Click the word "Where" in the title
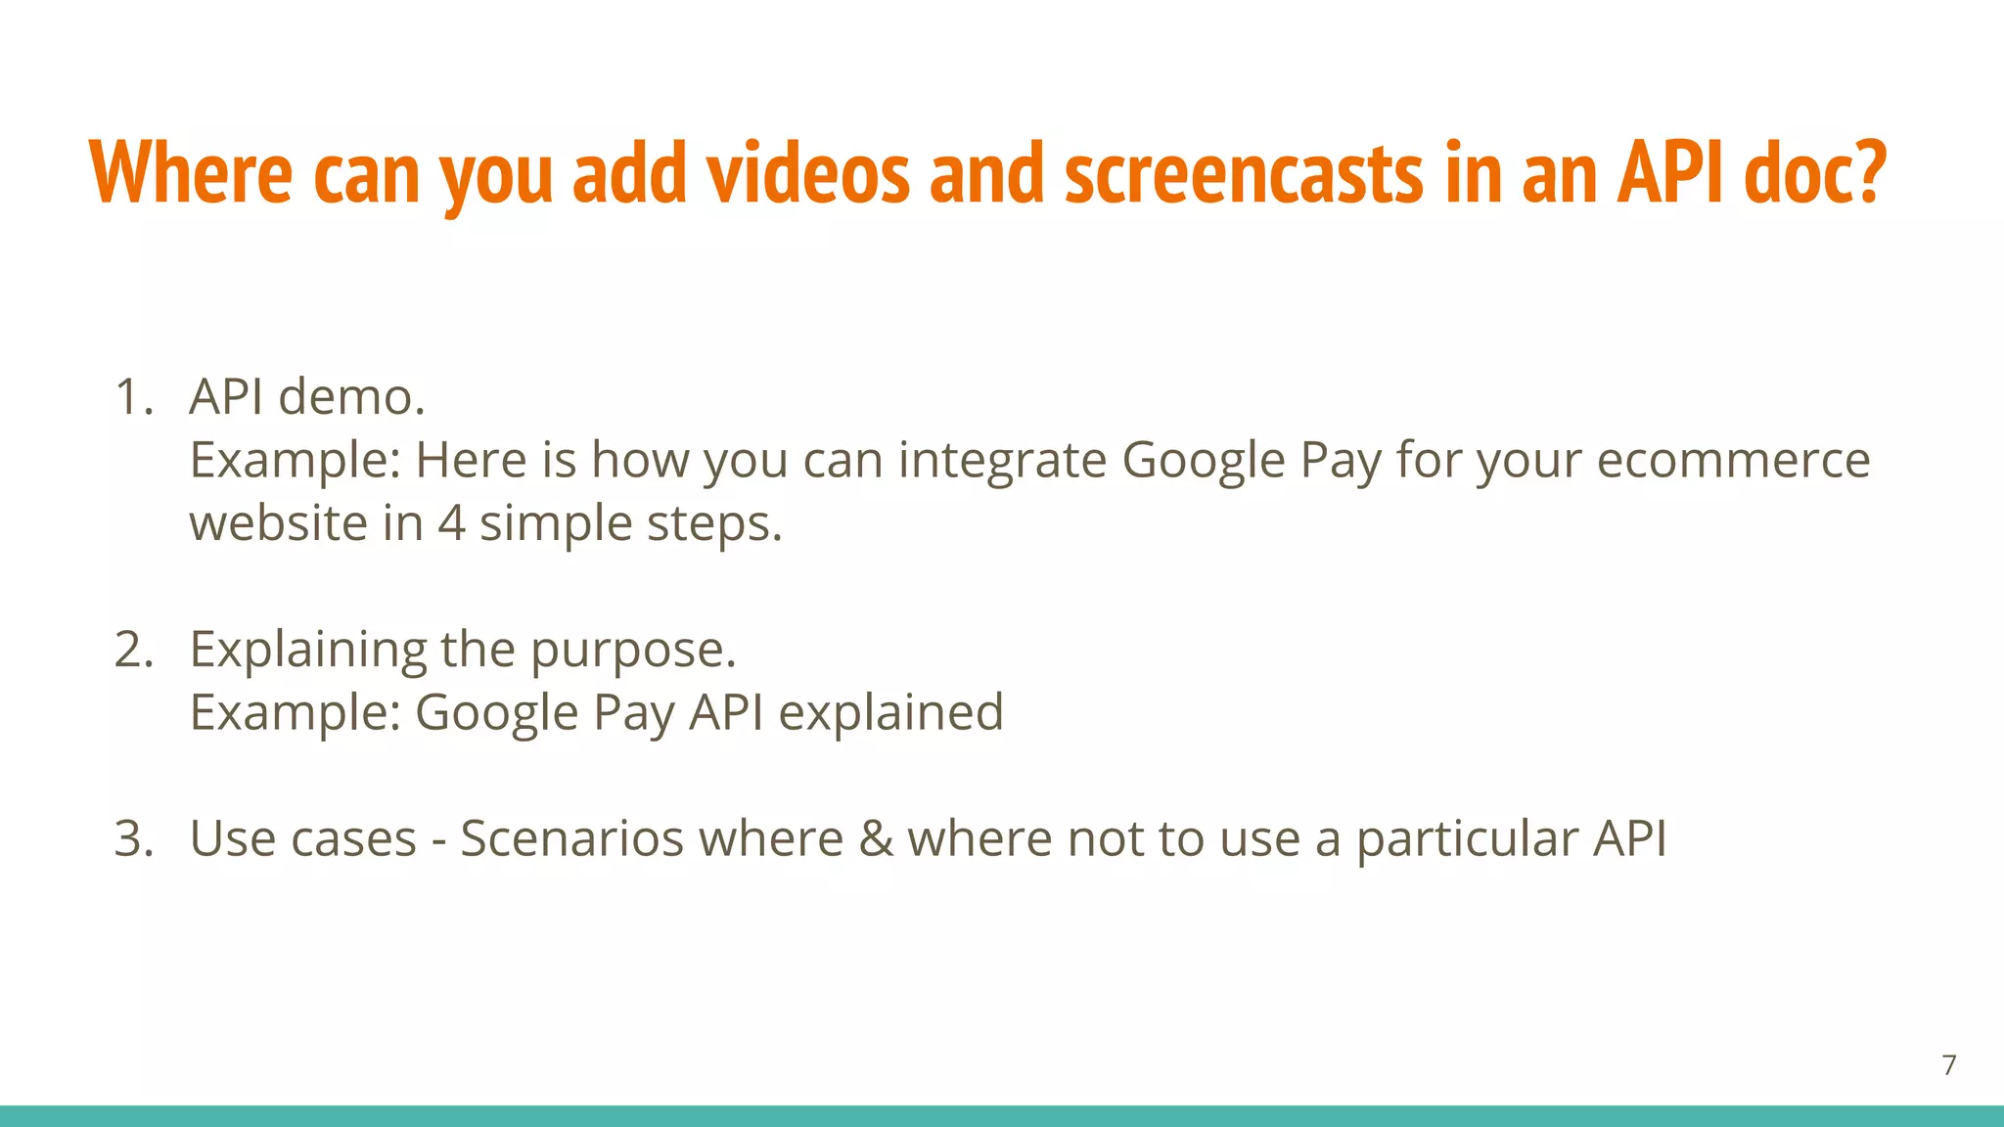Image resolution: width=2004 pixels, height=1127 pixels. (191, 172)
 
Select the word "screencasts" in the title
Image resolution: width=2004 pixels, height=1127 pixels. (1244, 172)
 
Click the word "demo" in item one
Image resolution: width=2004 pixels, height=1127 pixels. (350, 397)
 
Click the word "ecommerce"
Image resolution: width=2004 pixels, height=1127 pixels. (1733, 460)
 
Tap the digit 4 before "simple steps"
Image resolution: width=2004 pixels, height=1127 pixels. (451, 523)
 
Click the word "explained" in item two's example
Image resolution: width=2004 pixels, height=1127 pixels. (890, 712)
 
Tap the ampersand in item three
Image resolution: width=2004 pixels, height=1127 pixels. (876, 838)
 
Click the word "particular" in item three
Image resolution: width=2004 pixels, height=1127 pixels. (1467, 838)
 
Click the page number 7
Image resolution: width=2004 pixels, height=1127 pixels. (1949, 1065)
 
